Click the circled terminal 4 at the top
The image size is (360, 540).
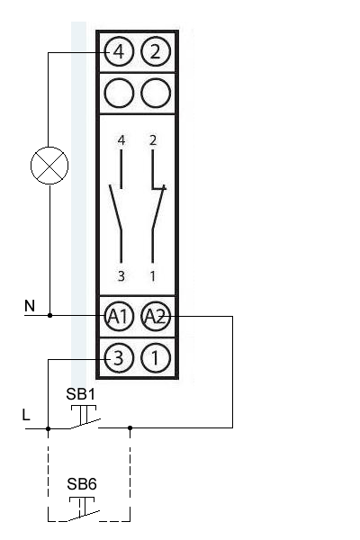click(x=119, y=51)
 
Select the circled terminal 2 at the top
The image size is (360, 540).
click(x=156, y=51)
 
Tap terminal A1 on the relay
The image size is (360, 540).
click(x=119, y=316)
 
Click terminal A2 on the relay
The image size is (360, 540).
click(x=156, y=316)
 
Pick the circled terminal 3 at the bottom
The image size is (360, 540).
click(x=119, y=358)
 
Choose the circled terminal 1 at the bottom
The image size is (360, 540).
click(x=156, y=358)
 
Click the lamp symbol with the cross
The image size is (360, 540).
click(x=49, y=166)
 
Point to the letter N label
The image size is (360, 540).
click(x=30, y=306)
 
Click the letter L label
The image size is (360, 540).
click(x=26, y=415)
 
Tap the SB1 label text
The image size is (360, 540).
click(x=81, y=394)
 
